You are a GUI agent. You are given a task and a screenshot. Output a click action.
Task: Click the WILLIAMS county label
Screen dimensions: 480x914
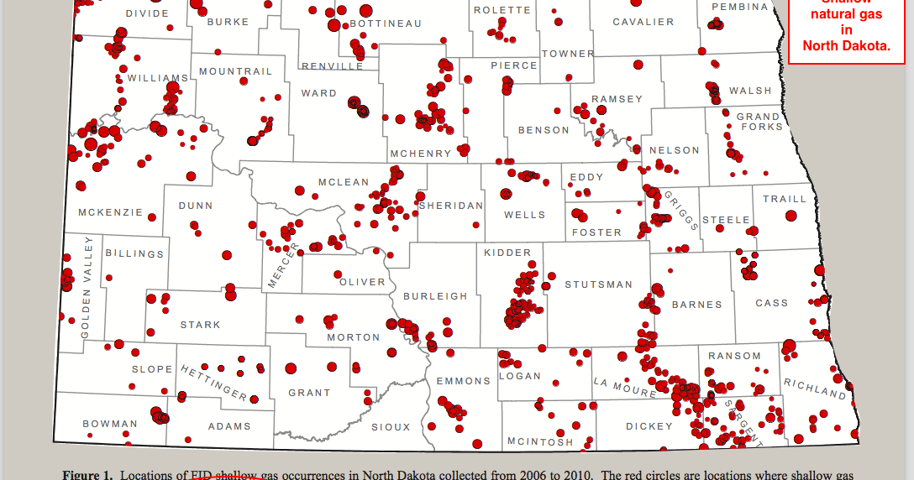(x=158, y=78)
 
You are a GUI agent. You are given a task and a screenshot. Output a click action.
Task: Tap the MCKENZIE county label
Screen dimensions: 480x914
(x=111, y=212)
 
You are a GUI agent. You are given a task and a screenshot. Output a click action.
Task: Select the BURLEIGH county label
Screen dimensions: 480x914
(x=435, y=296)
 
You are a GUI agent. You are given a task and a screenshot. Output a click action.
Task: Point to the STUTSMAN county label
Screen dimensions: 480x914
(x=598, y=284)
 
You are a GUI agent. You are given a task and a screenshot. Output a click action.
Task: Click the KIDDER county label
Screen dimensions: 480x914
(x=507, y=253)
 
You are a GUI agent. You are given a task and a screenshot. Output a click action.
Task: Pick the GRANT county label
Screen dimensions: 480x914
(x=309, y=393)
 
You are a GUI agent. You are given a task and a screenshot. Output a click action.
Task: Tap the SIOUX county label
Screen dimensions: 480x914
(x=391, y=427)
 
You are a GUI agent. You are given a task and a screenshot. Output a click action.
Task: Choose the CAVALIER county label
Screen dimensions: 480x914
(x=643, y=22)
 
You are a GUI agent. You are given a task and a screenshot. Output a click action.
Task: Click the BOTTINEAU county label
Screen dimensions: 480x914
(x=386, y=23)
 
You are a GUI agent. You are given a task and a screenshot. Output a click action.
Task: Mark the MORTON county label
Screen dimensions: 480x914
(x=354, y=337)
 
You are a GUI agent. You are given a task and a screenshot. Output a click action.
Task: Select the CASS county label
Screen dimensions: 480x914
(x=772, y=303)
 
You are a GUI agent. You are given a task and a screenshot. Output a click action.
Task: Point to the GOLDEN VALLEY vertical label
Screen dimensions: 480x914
(x=87, y=287)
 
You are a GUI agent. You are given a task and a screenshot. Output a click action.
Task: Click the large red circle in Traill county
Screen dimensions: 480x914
(x=791, y=216)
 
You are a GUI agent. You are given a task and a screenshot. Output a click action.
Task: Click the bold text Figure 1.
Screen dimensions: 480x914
(x=87, y=475)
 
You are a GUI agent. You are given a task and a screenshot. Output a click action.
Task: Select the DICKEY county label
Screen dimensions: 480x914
(x=649, y=426)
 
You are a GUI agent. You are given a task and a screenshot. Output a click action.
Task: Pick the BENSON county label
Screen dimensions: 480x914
(x=544, y=130)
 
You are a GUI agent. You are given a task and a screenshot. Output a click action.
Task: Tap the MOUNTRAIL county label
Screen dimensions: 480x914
(x=236, y=72)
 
